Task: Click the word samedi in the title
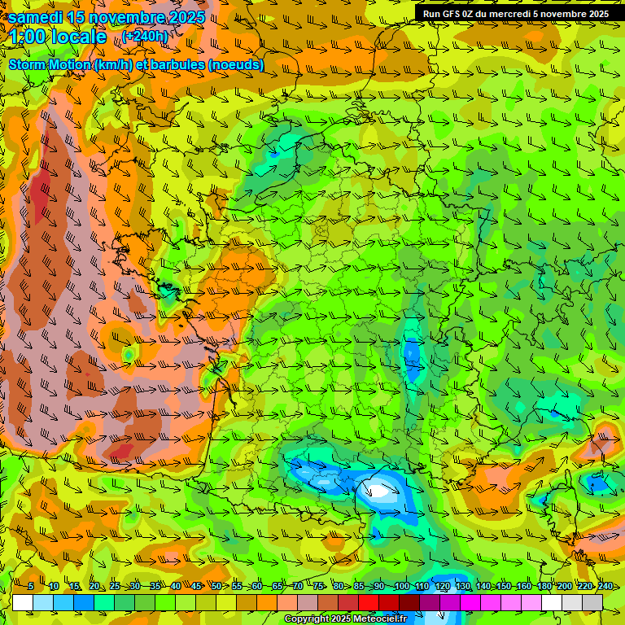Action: (38, 16)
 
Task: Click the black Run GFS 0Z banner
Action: (515, 14)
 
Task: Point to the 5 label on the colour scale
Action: (30, 587)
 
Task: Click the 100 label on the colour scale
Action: (401, 587)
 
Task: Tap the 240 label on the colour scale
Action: (605, 587)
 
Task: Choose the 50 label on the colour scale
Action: (216, 587)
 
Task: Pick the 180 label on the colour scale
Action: (544, 587)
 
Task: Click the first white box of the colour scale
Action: (23, 602)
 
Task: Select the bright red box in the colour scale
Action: (369, 602)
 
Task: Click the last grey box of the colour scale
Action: (592, 602)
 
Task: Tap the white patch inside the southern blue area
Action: (379, 490)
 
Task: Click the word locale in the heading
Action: (78, 37)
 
